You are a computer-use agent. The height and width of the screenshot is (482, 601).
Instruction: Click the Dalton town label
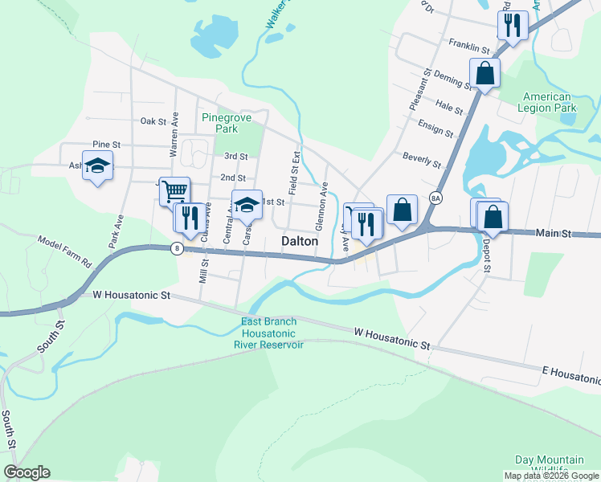click(x=300, y=241)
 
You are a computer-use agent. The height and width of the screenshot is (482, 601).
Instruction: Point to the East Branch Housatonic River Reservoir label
click(x=268, y=333)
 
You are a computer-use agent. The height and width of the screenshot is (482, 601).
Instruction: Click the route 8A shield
click(x=436, y=198)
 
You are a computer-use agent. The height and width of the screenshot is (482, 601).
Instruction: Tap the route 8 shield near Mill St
click(x=176, y=249)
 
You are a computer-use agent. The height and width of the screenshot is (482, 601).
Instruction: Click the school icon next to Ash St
click(x=97, y=166)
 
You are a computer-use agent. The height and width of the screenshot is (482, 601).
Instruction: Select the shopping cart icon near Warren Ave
click(x=174, y=191)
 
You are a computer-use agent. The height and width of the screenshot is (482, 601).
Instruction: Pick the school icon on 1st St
click(x=247, y=204)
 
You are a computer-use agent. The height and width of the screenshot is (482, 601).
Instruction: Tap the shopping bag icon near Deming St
click(x=485, y=72)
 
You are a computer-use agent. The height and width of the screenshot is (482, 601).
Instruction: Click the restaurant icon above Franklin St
click(x=511, y=24)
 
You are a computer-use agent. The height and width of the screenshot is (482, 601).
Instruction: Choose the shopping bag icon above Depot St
click(x=492, y=216)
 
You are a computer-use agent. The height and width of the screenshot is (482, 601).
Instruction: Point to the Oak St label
click(x=153, y=121)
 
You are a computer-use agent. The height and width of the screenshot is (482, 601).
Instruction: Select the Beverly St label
click(x=423, y=160)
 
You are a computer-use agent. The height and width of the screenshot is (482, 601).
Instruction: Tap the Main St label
click(x=553, y=233)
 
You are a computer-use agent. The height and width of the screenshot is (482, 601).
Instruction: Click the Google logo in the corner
click(x=27, y=472)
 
